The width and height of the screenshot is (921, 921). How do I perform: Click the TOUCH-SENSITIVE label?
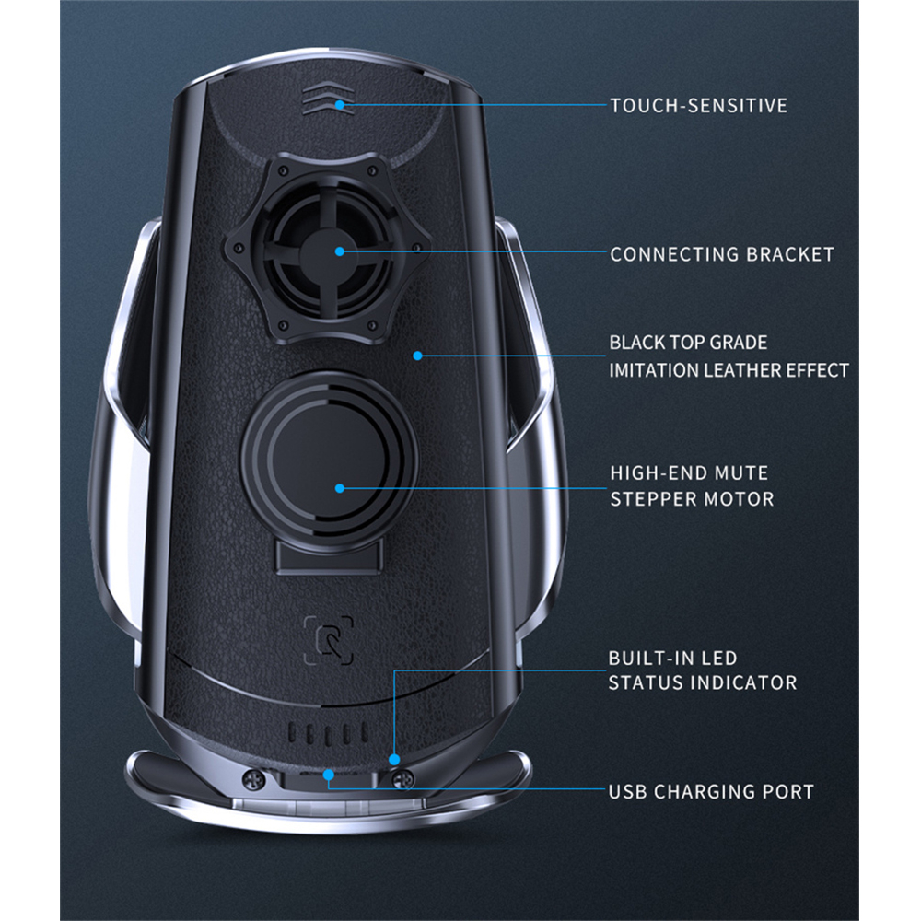point(698,105)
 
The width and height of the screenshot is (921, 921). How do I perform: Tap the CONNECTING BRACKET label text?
point(721,254)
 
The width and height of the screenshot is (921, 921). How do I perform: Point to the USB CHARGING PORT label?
point(711,791)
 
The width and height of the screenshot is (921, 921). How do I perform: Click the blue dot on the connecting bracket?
point(339,251)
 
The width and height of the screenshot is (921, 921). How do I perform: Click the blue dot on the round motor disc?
point(339,488)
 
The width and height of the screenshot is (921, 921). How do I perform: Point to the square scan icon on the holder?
point(328,639)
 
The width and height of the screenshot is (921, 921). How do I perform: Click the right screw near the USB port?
point(402,780)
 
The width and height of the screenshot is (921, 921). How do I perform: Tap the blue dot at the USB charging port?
point(329,775)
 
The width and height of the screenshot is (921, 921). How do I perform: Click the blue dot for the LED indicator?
point(394,760)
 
